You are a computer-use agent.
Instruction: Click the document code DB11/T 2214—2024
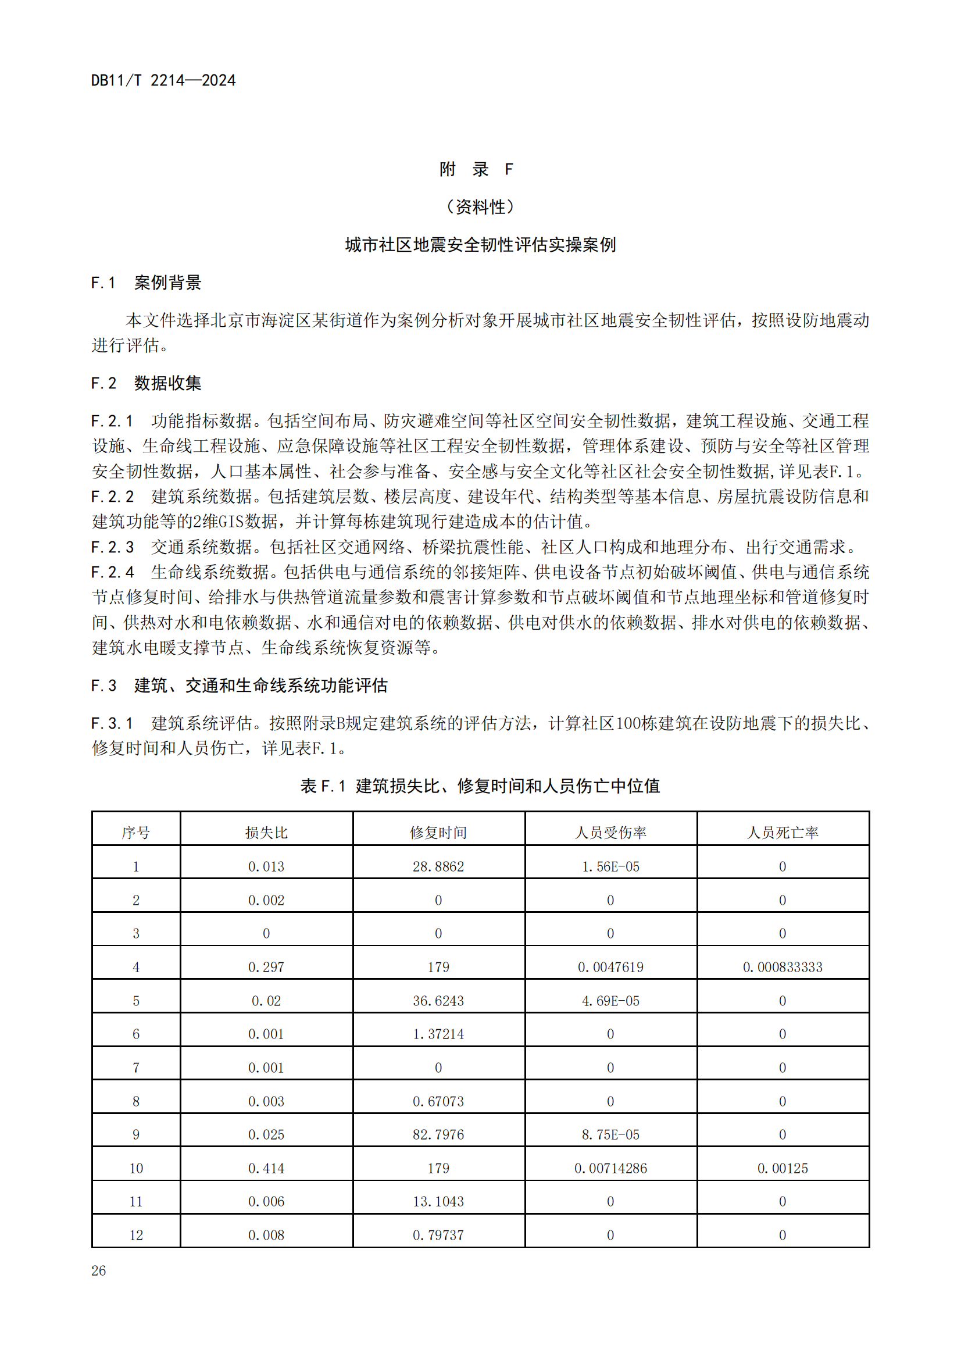click(x=163, y=81)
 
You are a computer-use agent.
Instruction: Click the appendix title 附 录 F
click(x=476, y=169)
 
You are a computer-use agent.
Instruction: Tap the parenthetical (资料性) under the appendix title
click(x=480, y=207)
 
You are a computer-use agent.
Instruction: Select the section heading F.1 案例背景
click(x=146, y=283)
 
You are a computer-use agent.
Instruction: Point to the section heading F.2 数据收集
click(x=146, y=383)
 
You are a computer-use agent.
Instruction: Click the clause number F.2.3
click(x=113, y=547)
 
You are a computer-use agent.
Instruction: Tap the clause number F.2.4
click(x=113, y=572)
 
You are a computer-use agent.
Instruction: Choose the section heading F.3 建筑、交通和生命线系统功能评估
click(x=238, y=686)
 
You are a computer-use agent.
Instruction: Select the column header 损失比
click(x=266, y=833)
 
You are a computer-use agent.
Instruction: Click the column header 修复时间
click(x=438, y=833)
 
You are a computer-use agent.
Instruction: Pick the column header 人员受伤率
click(x=610, y=833)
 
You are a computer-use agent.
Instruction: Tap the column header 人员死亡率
click(x=782, y=833)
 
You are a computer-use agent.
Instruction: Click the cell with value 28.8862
click(x=438, y=866)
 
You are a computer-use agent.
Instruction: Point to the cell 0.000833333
click(x=782, y=968)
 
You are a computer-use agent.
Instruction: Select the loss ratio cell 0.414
click(x=266, y=1169)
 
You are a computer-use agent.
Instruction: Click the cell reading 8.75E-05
click(x=610, y=1135)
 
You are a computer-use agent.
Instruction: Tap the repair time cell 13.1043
click(x=438, y=1202)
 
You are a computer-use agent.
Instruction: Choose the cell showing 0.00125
click(x=782, y=1169)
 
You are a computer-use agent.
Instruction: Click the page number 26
click(x=98, y=1270)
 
